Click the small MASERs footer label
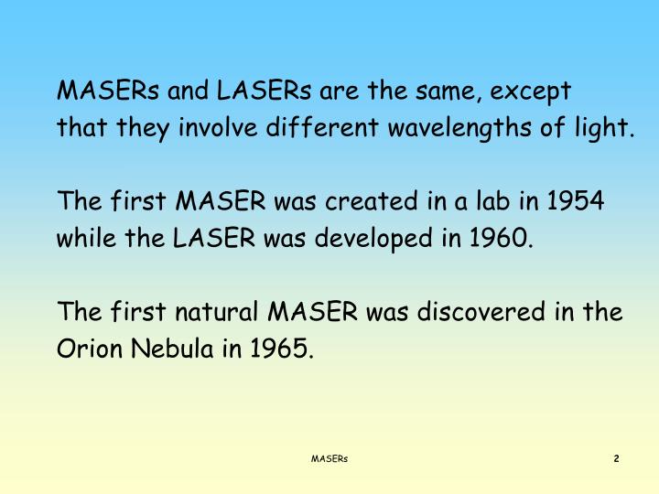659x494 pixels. [329, 458]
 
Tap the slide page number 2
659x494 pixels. [616, 458]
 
